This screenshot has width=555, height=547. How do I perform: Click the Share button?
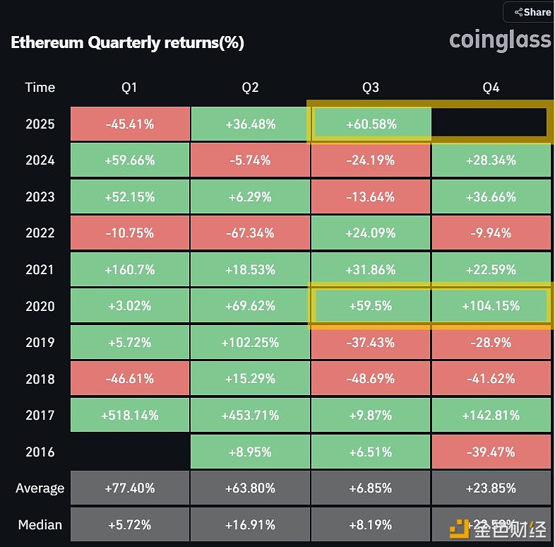click(x=532, y=12)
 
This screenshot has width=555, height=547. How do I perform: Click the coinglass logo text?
click(x=500, y=40)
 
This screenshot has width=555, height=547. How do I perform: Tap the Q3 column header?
click(x=371, y=88)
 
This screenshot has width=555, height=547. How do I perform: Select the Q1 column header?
click(x=129, y=88)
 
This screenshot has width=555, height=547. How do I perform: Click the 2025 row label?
click(x=40, y=124)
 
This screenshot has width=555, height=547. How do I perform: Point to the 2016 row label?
click(x=40, y=452)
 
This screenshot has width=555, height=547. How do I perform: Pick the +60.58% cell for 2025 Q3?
click(x=371, y=124)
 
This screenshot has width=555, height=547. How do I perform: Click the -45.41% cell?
click(x=130, y=124)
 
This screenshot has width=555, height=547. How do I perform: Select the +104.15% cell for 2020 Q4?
click(x=491, y=307)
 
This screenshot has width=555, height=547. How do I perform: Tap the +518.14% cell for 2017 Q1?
click(x=130, y=416)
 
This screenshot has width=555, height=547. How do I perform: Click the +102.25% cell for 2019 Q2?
click(x=250, y=343)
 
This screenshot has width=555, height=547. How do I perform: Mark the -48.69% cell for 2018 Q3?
click(x=371, y=380)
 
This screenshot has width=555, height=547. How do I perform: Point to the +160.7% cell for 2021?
click(x=130, y=270)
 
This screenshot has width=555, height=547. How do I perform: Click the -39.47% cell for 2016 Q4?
click(x=491, y=452)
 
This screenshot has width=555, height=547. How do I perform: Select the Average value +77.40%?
click(x=130, y=488)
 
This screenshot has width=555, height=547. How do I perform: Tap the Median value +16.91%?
click(x=250, y=525)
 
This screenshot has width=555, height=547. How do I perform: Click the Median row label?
click(x=40, y=525)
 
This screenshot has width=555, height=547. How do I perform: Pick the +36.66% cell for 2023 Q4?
click(x=491, y=197)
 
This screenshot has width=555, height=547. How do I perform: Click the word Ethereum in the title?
click(x=47, y=42)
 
